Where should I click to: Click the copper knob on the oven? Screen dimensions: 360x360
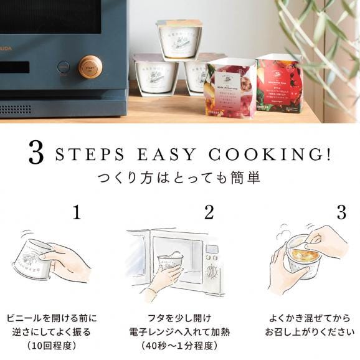(x=90, y=67)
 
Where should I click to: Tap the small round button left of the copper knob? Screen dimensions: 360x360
(x=63, y=66)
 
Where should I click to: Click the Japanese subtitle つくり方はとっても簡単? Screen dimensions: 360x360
(x=179, y=178)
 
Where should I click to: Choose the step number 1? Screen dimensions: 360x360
(x=76, y=212)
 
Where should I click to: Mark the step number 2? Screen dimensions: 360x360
(x=209, y=212)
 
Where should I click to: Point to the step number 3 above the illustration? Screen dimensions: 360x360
(x=341, y=212)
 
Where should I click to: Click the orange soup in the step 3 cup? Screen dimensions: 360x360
(x=300, y=255)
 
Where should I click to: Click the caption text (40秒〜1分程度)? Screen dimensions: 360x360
(x=180, y=346)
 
